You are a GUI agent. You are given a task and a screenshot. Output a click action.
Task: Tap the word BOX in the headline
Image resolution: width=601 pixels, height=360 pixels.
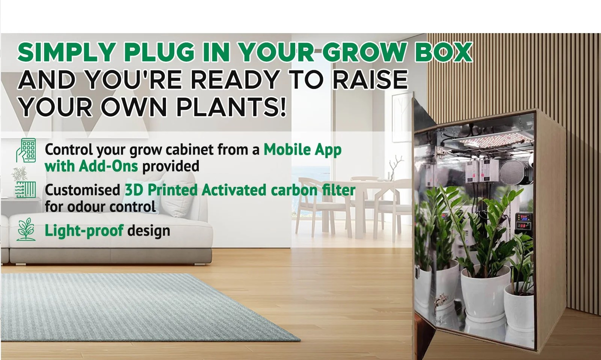click(443, 52)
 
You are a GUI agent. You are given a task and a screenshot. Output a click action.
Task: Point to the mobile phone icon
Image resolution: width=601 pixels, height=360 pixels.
click(26, 150)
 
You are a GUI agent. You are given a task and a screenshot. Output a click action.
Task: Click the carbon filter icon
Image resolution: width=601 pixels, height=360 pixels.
click(26, 190)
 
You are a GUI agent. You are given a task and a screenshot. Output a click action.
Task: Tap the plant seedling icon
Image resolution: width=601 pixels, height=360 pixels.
click(26, 229)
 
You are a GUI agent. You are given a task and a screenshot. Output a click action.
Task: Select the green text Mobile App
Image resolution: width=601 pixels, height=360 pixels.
click(302, 150)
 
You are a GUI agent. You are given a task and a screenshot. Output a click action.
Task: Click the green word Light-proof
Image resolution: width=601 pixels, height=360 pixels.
click(84, 231)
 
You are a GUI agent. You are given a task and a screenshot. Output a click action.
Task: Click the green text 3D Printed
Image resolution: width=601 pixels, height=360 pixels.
click(161, 190)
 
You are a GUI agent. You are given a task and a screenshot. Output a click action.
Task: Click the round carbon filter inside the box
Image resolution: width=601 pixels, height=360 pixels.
click(513, 172)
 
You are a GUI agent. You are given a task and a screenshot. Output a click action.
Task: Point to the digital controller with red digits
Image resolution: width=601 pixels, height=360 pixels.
click(523, 222)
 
